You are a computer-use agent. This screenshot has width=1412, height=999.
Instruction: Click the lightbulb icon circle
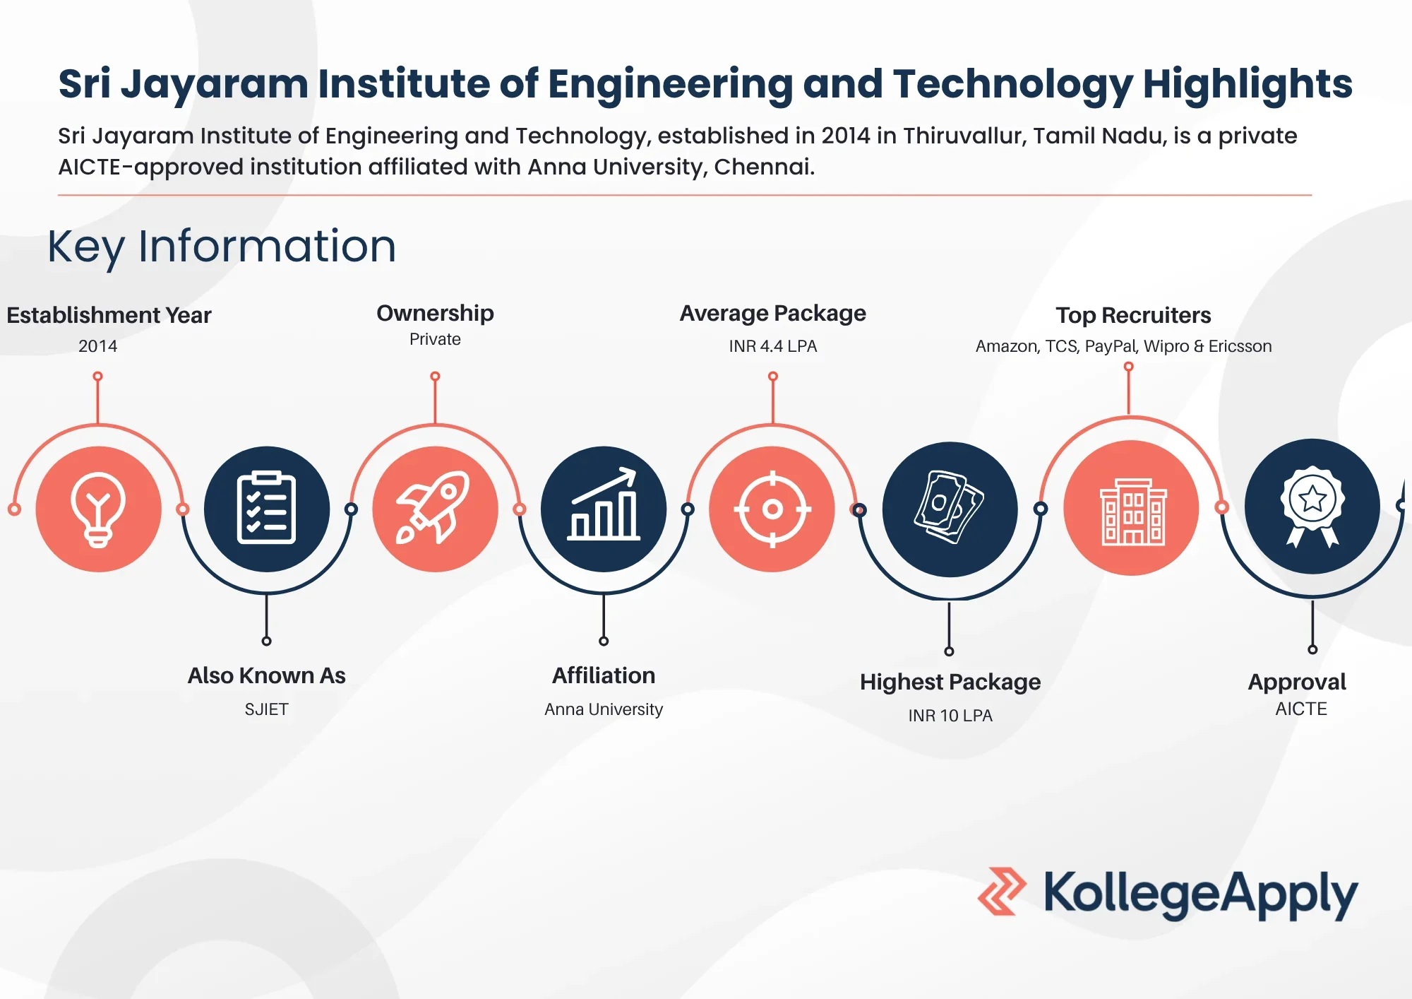pyautogui.click(x=98, y=509)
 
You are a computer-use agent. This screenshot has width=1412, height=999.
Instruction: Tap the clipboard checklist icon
pyautogui.click(x=267, y=509)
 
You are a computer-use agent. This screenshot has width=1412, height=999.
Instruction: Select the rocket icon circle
pyautogui.click(x=435, y=509)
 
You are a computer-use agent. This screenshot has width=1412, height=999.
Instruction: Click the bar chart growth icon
pyautogui.click(x=604, y=509)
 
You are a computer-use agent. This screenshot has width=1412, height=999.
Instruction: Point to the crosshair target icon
pyautogui.click(x=772, y=509)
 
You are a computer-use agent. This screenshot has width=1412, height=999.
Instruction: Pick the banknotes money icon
pyautogui.click(x=950, y=509)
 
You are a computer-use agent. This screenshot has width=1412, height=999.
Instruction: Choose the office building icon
pyautogui.click(x=1132, y=509)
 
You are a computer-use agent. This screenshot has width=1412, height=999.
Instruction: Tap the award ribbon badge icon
pyautogui.click(x=1312, y=507)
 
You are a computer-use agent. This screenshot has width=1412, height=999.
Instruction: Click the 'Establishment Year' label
pyautogui.click(x=109, y=315)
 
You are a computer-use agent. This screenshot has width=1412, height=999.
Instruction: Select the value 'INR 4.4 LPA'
pyautogui.click(x=772, y=346)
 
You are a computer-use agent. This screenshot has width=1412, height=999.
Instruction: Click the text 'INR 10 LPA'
pyautogui.click(x=950, y=716)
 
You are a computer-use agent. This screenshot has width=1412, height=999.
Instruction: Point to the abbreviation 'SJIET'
pyautogui.click(x=266, y=709)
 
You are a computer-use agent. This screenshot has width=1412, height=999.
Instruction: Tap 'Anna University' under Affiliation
pyautogui.click(x=604, y=709)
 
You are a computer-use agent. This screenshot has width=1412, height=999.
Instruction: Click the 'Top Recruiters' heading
pyautogui.click(x=1133, y=315)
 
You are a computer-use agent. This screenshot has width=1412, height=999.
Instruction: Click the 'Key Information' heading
pyautogui.click(x=221, y=247)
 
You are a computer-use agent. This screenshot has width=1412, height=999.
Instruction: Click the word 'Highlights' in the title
pyautogui.click(x=1247, y=84)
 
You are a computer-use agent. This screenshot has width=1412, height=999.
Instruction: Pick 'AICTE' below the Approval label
pyautogui.click(x=1301, y=709)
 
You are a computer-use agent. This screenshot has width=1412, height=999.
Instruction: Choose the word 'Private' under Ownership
pyautogui.click(x=435, y=339)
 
